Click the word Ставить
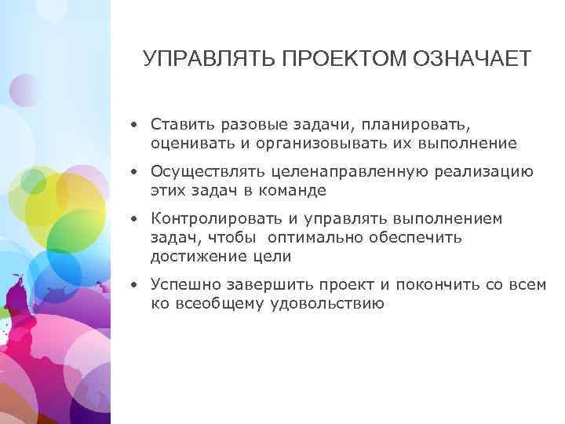[180, 124]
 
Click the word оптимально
[323, 238]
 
